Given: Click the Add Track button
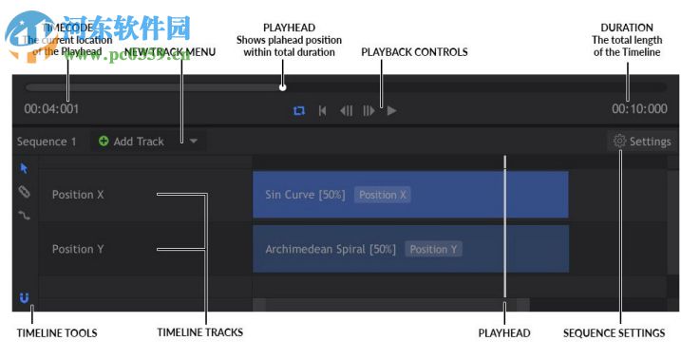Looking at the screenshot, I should (131, 142).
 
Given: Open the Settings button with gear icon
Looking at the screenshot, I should (642, 142).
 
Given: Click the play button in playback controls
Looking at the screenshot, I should (391, 110).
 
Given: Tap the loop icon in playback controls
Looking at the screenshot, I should (299, 110).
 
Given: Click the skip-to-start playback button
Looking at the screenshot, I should (323, 110).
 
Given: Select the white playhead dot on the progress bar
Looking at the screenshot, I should (282, 87).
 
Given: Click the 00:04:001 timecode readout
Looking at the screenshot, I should (51, 109).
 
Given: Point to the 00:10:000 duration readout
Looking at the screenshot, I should (639, 109).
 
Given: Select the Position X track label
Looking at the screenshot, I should (78, 195).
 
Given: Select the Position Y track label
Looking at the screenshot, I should (78, 249).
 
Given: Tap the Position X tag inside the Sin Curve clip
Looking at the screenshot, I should (383, 195).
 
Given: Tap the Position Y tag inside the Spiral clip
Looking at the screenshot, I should (433, 249).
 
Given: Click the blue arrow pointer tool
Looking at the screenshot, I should (25, 168).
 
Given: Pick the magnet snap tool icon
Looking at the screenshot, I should (25, 298).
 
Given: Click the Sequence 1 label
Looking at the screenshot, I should (47, 142).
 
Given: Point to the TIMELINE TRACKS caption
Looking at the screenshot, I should (199, 332).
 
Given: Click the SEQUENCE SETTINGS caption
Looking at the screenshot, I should (614, 333).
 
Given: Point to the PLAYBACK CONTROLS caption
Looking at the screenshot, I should (414, 52).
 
